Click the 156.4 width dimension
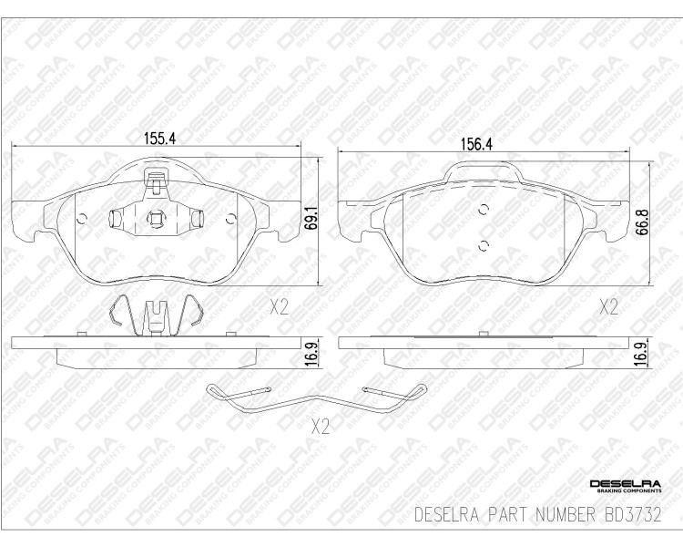pyautogui.click(x=476, y=144)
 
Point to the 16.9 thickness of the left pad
pyautogui.click(x=311, y=353)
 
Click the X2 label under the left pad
pyautogui.click(x=280, y=308)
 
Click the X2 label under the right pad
pyautogui.click(x=608, y=308)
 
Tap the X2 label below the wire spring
pyautogui.click(x=321, y=427)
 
